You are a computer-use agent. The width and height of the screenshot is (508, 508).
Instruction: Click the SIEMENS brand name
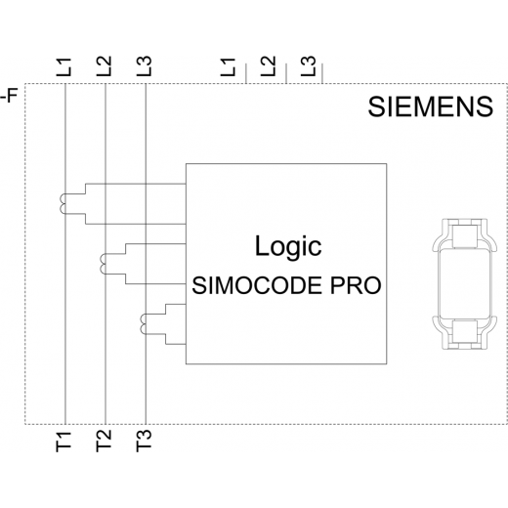[x=430, y=106]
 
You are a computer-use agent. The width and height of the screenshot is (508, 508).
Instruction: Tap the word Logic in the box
[x=288, y=247]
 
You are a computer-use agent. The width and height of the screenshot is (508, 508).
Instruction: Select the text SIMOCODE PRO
[x=286, y=285]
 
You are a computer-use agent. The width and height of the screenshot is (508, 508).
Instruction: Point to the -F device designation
[x=9, y=96]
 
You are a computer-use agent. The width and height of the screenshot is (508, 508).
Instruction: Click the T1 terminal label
[x=63, y=442]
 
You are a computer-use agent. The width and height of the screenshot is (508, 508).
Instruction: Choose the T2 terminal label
[x=104, y=441]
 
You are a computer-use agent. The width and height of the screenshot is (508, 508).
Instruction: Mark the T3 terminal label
[x=144, y=441]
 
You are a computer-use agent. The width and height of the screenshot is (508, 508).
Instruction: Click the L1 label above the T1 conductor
[x=63, y=67]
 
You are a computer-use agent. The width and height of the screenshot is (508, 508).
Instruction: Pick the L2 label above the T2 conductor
[x=104, y=66]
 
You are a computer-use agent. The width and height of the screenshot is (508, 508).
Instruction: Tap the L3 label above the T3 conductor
[x=144, y=66]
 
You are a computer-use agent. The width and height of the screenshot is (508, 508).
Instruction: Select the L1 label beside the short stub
[x=228, y=67]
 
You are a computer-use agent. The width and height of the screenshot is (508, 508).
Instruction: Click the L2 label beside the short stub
[x=268, y=66]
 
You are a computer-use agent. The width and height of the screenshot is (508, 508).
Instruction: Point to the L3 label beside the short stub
[x=308, y=66]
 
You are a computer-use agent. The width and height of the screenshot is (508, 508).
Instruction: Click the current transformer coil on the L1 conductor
[x=61, y=204]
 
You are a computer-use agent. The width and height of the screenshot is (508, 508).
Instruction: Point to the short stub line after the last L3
[x=322, y=73]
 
